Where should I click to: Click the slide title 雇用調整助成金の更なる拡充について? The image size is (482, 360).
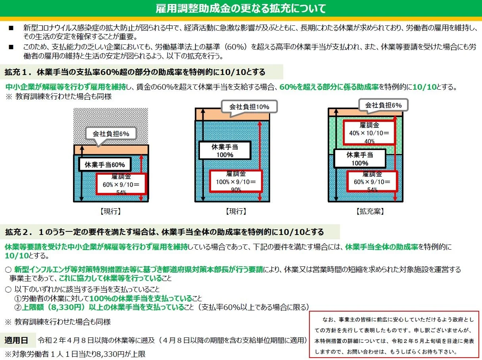click(241, 8)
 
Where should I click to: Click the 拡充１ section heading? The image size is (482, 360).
click(135, 72)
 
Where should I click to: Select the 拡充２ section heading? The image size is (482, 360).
click(164, 232)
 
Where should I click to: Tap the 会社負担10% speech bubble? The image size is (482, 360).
click(249, 107)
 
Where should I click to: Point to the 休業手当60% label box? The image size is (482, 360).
click(105, 164)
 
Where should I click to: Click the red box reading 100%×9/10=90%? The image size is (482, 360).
click(236, 181)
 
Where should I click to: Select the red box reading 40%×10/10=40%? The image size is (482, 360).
click(369, 133)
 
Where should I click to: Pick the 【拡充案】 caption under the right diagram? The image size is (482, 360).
click(370, 211)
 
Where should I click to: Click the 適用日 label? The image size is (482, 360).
click(16, 340)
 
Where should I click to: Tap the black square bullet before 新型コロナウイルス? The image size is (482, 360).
click(11, 28)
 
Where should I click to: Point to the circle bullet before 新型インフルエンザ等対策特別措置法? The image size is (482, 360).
click(8, 270)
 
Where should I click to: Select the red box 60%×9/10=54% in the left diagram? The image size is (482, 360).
click(121, 184)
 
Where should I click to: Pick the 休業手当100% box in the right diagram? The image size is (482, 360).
click(360, 159)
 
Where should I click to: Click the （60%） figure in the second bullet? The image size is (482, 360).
click(234, 47)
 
